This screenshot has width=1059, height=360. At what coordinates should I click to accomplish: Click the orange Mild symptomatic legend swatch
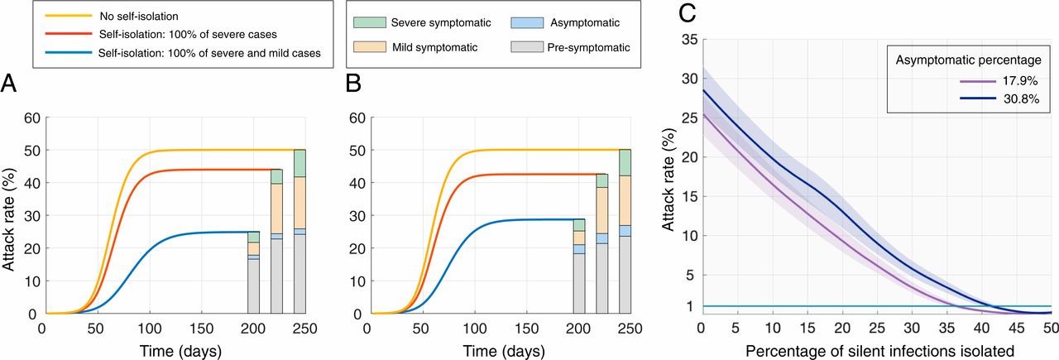[365, 47]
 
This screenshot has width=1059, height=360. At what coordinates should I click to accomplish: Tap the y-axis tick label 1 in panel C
[689, 306]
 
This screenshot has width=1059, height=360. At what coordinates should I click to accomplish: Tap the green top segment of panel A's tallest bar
[207, 163]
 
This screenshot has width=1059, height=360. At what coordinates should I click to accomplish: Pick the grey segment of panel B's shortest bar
[580, 284]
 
